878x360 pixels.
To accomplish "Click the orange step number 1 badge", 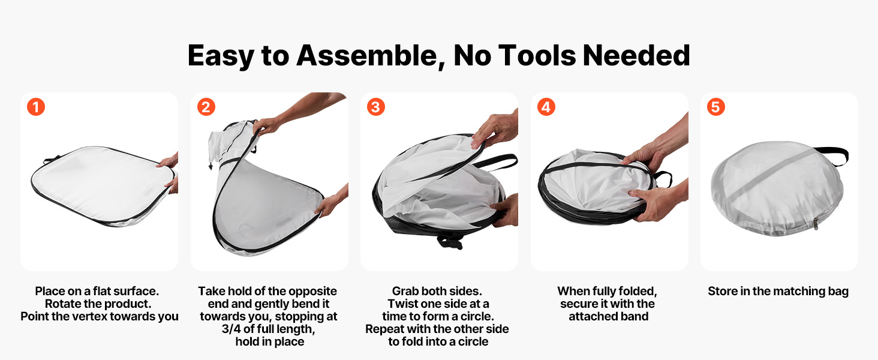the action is (x=36, y=107).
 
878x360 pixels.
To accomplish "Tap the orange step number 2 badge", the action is (x=206, y=107).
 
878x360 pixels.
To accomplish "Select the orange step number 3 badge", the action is (x=376, y=107).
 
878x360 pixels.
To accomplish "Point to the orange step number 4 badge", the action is (x=546, y=107).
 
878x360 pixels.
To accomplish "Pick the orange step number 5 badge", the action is (x=715, y=107).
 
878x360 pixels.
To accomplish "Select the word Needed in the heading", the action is (x=636, y=55).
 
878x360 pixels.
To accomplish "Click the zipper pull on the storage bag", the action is (x=816, y=224).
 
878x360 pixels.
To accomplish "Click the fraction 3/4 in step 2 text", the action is (x=231, y=329).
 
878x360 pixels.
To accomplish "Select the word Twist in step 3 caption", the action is (x=404, y=304).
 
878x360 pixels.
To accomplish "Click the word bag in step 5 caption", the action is (x=838, y=292).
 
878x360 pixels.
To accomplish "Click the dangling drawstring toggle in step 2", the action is (x=211, y=166).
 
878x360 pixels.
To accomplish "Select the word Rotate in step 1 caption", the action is (x=63, y=304).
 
